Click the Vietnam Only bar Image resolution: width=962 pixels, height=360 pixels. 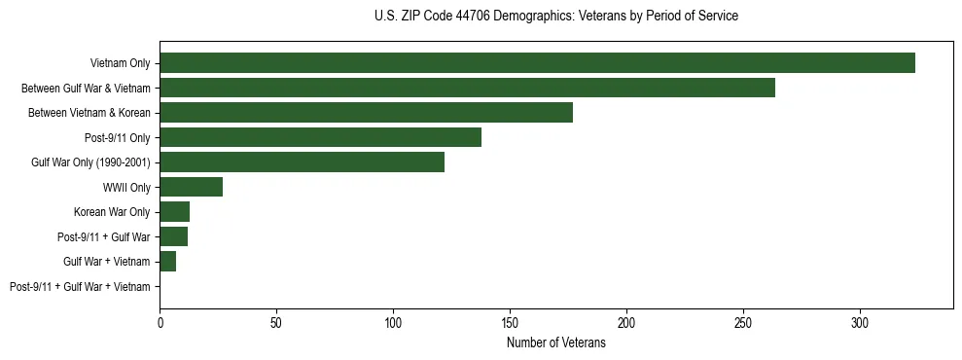pyautogui.click(x=537, y=63)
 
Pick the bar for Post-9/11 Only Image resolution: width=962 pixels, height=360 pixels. pyautogui.click(x=320, y=137)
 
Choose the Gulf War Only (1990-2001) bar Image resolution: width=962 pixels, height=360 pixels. pyautogui.click(x=302, y=162)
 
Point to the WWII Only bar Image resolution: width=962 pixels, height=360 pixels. pyautogui.click(x=191, y=187)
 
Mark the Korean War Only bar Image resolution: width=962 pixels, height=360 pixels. pyautogui.click(x=174, y=212)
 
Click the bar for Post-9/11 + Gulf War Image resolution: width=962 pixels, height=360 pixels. pyautogui.click(x=173, y=236)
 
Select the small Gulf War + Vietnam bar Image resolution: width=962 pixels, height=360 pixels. pyautogui.click(x=167, y=262)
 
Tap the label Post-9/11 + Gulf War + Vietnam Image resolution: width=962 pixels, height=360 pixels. pyautogui.click(x=80, y=287)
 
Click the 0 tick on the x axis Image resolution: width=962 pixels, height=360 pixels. pyautogui.click(x=160, y=322)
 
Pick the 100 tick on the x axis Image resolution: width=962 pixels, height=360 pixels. pyautogui.click(x=393, y=322)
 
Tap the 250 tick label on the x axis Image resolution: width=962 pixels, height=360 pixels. pyautogui.click(x=743, y=322)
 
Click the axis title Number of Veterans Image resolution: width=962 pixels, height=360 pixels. pyautogui.click(x=556, y=343)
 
